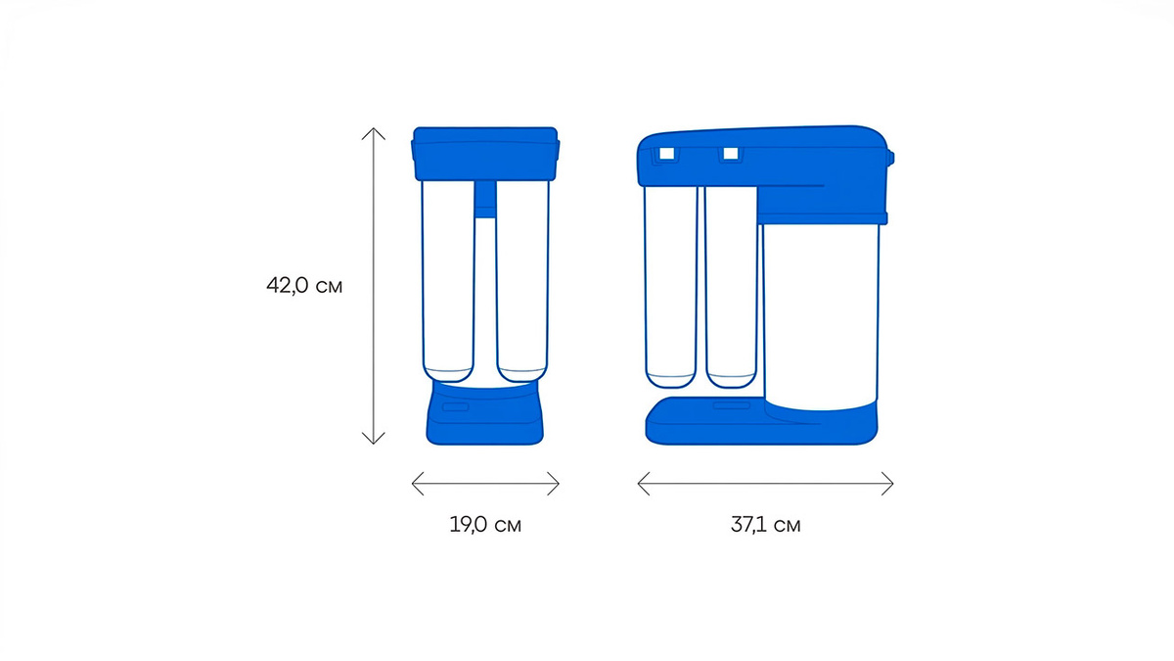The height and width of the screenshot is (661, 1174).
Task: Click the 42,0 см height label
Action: coord(304,286)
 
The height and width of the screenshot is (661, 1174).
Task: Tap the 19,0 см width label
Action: coord(485,525)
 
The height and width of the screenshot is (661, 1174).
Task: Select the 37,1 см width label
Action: coord(766,525)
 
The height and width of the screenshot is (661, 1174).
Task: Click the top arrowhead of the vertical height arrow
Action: coord(373,129)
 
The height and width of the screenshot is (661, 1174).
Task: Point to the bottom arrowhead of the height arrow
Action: coord(373,444)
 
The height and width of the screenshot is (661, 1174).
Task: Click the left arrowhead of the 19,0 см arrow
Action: coord(413,483)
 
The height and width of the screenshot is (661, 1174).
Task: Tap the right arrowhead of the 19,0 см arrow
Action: coord(559,483)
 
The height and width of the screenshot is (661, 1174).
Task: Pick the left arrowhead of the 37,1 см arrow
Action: coord(639,483)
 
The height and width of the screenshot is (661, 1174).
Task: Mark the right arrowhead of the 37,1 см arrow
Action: coord(892,483)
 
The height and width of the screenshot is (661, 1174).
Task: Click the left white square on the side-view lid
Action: coord(666,153)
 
